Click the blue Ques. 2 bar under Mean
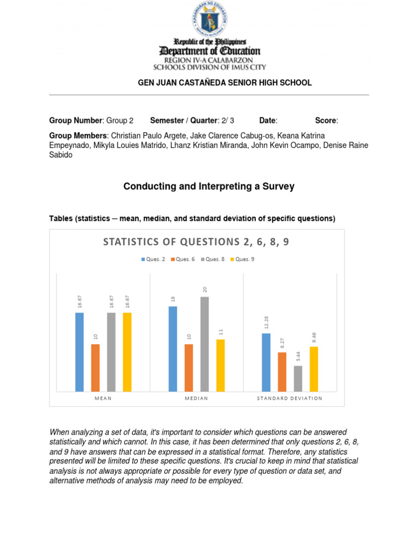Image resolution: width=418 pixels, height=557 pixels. pos(79,352)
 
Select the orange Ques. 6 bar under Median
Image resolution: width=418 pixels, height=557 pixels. pos(189,368)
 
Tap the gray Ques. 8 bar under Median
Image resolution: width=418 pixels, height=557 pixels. pos(205,344)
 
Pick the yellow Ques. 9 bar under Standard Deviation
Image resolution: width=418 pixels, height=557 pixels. pos(313,369)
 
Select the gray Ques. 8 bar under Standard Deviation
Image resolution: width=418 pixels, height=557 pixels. pos(298,379)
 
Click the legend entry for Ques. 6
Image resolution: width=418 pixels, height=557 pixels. pos(182,259)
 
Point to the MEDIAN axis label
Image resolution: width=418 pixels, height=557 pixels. pos(196,398)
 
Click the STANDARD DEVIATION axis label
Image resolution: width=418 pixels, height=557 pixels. pos(290,398)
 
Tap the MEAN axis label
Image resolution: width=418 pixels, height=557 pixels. pos(103,398)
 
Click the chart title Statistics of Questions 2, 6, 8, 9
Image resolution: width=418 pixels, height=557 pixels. pos(196,242)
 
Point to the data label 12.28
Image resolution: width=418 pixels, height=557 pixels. pos(267,323)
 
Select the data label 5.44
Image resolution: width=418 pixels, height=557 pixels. pos(298,356)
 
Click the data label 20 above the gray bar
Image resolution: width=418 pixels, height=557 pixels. pos(205,290)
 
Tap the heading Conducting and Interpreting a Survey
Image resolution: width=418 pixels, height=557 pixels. pos(209,187)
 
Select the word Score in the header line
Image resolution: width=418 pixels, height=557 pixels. pos(326,120)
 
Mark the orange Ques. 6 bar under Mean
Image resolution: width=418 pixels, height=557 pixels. pos(95,368)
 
